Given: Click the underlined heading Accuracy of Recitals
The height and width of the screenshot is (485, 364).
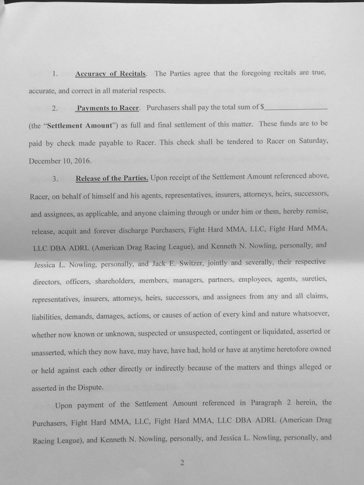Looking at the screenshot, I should click(x=110, y=74).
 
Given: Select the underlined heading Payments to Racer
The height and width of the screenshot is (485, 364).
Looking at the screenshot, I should click(x=108, y=108).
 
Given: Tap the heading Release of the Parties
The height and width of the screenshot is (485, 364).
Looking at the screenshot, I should click(x=112, y=178).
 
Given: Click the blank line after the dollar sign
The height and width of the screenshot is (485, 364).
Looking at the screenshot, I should click(x=296, y=107).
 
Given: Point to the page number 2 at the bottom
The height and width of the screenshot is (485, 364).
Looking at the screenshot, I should click(x=182, y=463).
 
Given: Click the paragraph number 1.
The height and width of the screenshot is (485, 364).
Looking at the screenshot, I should click(x=55, y=74).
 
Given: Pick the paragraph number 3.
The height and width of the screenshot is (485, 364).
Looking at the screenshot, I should click(x=55, y=179).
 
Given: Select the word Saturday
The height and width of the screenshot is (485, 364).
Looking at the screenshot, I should click(x=313, y=141).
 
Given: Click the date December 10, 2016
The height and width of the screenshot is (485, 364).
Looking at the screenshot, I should click(x=60, y=161).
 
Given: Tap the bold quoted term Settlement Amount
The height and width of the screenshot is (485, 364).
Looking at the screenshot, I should click(x=80, y=125).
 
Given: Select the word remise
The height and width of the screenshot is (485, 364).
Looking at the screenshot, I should click(x=318, y=211).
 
